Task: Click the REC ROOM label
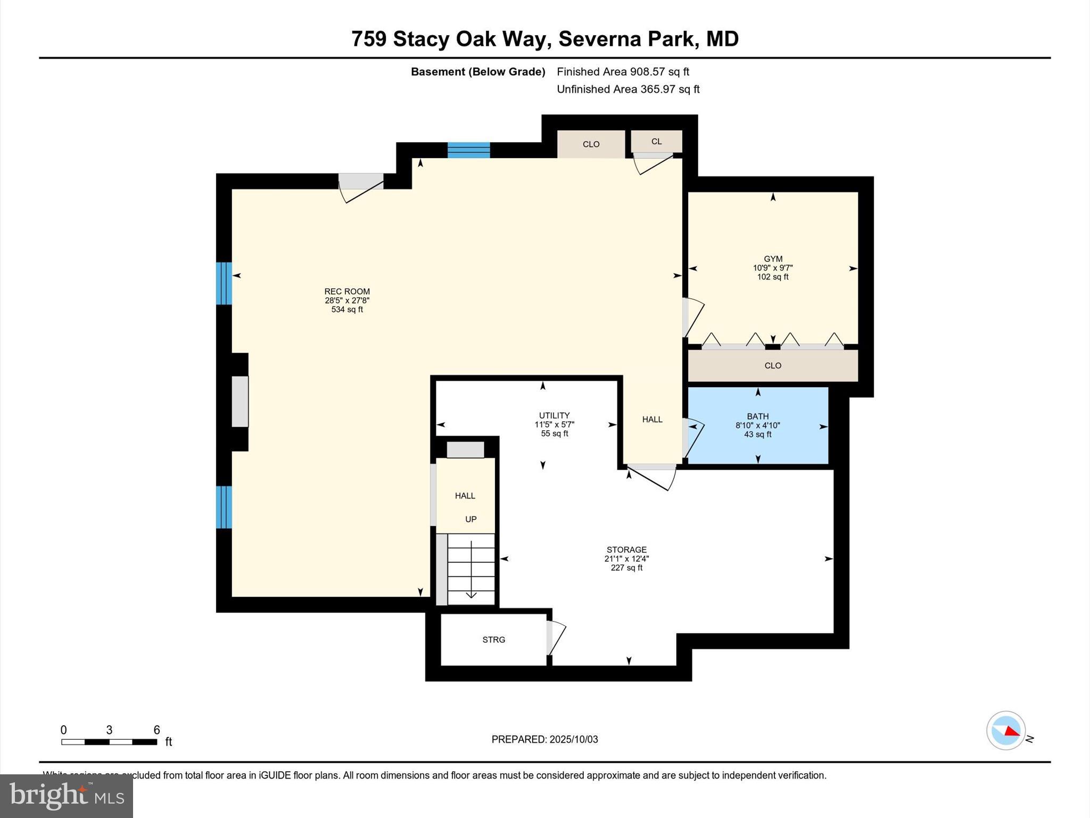tap(347, 291)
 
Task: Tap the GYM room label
tap(773, 259)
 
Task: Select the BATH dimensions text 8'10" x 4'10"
tap(757, 426)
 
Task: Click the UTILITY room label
tap(554, 415)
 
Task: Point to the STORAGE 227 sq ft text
tap(626, 568)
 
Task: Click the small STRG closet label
tap(493, 640)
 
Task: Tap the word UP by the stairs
tap(470, 519)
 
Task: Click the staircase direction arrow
tap(471, 594)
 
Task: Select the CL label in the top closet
tap(656, 142)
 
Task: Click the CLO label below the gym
tap(772, 366)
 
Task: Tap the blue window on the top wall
tap(468, 150)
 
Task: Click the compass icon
tap(1005, 731)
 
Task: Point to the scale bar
tap(109, 742)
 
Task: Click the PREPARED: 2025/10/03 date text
tap(544, 739)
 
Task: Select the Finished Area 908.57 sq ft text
tap(623, 72)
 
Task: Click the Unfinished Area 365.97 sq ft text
tap(628, 89)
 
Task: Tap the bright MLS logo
tap(67, 796)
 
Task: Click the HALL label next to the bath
tap(652, 420)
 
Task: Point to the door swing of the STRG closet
tap(557, 639)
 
